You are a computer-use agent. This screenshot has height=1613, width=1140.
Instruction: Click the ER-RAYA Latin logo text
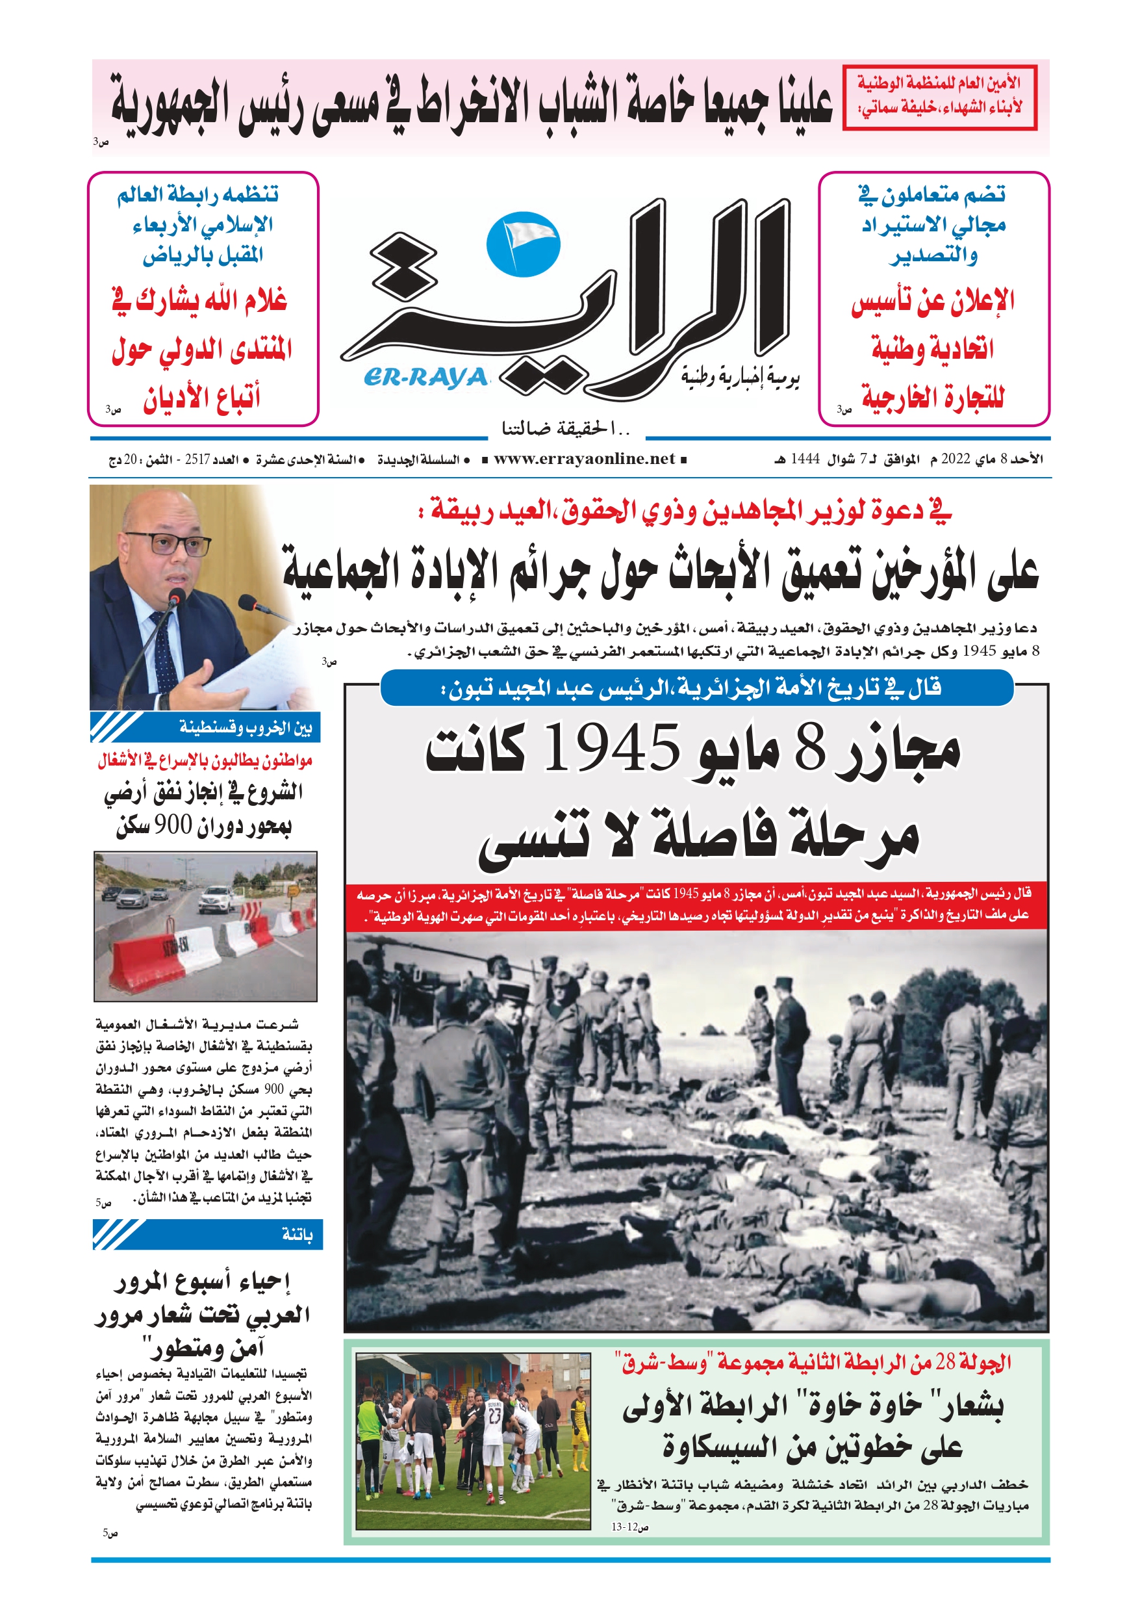tap(425, 378)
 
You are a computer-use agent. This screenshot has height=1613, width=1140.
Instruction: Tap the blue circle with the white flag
tap(524, 243)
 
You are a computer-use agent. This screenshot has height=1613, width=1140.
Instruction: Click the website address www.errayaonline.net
tap(584, 459)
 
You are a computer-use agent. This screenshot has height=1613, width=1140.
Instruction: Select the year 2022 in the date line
tap(956, 459)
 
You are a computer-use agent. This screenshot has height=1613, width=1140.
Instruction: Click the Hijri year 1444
tap(805, 459)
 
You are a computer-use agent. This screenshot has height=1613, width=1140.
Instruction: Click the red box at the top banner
tap(939, 97)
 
